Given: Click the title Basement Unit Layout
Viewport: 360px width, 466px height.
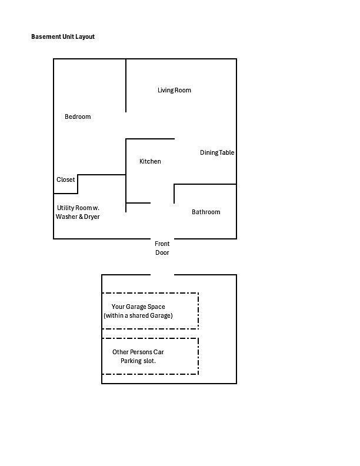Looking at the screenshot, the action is [63, 36].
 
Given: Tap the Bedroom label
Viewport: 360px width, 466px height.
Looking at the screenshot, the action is [78, 116].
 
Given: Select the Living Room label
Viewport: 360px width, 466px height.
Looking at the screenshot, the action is [174, 90].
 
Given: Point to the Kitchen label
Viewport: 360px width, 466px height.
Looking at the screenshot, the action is [151, 161].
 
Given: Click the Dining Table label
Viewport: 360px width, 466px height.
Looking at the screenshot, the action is [217, 152].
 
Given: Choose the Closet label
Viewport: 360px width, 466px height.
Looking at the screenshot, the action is [66, 179].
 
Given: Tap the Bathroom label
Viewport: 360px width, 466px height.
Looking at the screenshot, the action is [206, 212].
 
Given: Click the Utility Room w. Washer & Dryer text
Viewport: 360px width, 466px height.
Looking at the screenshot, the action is [78, 212].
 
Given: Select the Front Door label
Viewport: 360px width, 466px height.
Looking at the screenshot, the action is [162, 248].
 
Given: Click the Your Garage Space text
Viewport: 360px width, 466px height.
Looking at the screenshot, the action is [138, 307].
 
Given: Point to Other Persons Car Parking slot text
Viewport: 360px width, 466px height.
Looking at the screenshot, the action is [138, 357].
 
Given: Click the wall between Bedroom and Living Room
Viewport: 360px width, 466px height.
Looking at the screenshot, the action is [126, 85].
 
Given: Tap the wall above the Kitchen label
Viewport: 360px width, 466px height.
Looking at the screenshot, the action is [151, 139].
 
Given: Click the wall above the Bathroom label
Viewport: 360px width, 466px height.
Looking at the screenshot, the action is [205, 184].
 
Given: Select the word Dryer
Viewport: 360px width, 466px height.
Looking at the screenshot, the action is [92, 217].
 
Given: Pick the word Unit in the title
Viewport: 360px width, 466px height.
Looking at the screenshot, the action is [68, 36].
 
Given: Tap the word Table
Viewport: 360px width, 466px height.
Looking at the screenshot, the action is [227, 152].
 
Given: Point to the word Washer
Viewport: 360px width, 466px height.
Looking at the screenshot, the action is [66, 217].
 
